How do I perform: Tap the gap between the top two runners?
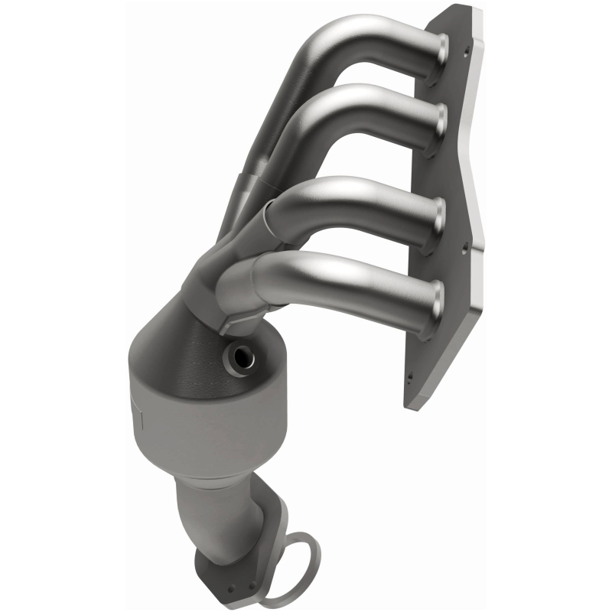click(x=367, y=84)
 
